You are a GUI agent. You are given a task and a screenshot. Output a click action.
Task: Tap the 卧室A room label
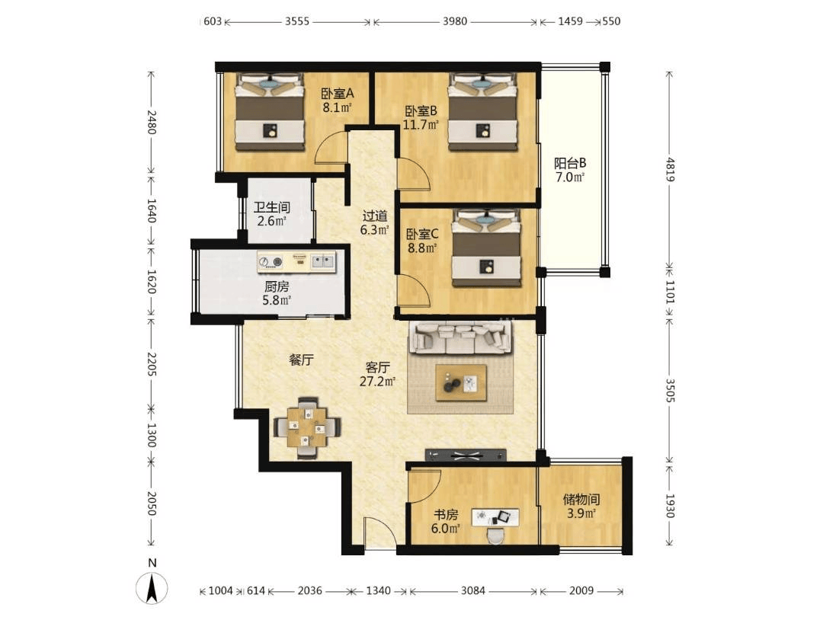point(338,94)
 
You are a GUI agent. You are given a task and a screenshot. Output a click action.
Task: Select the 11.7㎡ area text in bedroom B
point(421,125)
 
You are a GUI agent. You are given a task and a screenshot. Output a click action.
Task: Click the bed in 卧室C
point(486,248)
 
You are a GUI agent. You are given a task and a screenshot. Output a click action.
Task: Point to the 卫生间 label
point(271,207)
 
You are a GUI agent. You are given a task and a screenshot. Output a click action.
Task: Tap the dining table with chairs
point(308,427)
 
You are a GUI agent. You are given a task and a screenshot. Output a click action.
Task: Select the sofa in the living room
point(461,337)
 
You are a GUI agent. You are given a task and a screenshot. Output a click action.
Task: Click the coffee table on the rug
point(461,383)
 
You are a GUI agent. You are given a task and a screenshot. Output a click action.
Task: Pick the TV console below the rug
point(466,455)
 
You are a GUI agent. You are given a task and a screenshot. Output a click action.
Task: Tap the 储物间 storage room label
point(581,499)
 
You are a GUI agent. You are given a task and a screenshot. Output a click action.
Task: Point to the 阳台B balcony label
point(570,163)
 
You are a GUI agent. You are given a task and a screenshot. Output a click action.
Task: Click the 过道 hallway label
point(375,216)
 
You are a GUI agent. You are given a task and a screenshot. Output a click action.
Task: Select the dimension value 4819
point(671,169)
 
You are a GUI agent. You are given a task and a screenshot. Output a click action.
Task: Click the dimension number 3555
point(297,21)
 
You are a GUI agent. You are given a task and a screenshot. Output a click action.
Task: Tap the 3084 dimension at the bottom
point(473,591)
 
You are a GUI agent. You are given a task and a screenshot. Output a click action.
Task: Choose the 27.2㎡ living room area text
point(377,382)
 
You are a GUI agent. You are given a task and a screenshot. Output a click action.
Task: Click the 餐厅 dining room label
point(301,360)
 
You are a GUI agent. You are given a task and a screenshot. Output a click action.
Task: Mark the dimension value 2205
point(151,364)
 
